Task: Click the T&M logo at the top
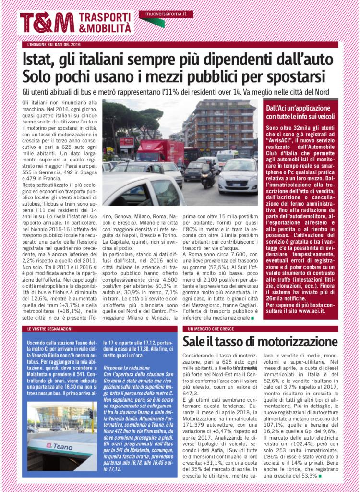[x=47, y=23]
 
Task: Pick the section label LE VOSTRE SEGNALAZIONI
[x=49, y=329]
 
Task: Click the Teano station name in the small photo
[x=59, y=446]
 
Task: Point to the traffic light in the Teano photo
[x=90, y=414]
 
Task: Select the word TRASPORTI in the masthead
[x=104, y=16]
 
